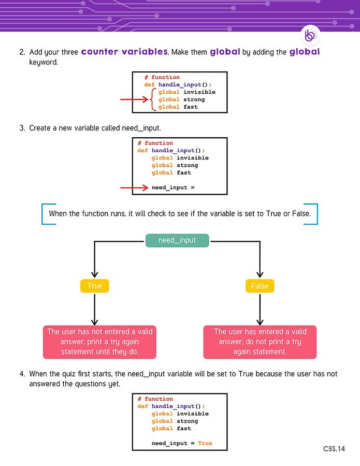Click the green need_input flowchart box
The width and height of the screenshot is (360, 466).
(177, 240)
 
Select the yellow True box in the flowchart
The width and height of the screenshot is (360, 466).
(95, 286)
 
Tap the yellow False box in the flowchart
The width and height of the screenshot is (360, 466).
(260, 286)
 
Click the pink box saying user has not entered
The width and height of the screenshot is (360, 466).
(100, 342)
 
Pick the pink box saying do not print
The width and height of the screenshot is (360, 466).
(260, 342)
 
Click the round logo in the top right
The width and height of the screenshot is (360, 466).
(310, 35)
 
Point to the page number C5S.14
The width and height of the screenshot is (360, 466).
(334, 449)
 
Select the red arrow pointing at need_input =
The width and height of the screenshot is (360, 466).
(133, 187)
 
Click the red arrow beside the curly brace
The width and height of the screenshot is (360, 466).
(133, 99)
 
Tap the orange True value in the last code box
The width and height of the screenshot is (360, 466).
(205, 443)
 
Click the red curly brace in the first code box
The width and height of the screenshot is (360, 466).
(153, 99)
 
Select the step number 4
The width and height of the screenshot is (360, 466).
(22, 374)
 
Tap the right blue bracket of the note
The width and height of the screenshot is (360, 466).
(315, 214)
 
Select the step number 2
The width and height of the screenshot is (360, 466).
(22, 53)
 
